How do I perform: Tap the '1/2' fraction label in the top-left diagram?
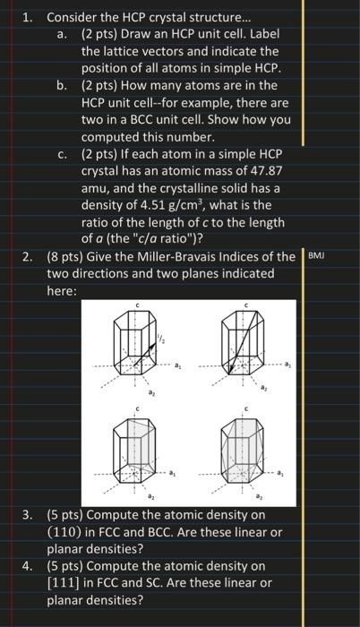(161, 336)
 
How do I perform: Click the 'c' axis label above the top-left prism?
(137, 306)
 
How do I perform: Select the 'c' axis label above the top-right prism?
(244, 306)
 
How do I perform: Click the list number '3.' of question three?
(29, 515)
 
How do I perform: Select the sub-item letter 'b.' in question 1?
(62, 86)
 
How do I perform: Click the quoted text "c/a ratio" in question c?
(184, 239)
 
